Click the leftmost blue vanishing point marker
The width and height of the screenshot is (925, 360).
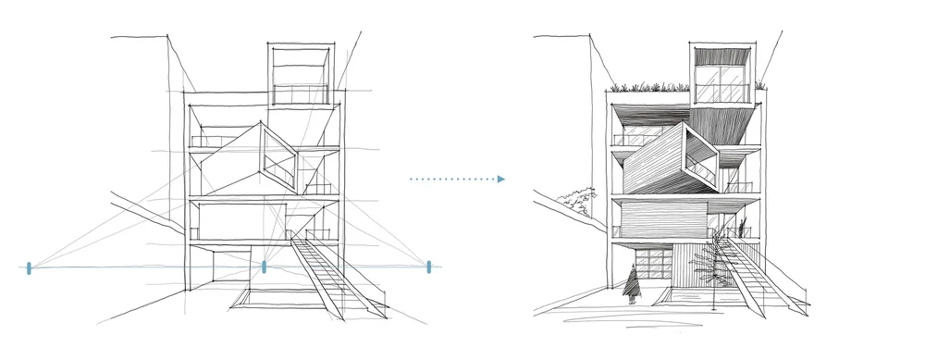click(30, 267)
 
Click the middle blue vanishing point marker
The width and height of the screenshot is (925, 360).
click(265, 267)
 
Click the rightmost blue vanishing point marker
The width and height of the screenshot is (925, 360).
click(429, 267)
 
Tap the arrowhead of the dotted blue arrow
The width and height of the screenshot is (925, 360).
click(500, 179)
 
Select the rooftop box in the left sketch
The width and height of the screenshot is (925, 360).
click(298, 73)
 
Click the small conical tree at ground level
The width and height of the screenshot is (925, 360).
click(633, 283)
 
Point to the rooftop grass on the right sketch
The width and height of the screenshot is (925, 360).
click(647, 88)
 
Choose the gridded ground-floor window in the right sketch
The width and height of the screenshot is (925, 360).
click(644, 262)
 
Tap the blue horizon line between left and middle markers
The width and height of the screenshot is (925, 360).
click(148, 267)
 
